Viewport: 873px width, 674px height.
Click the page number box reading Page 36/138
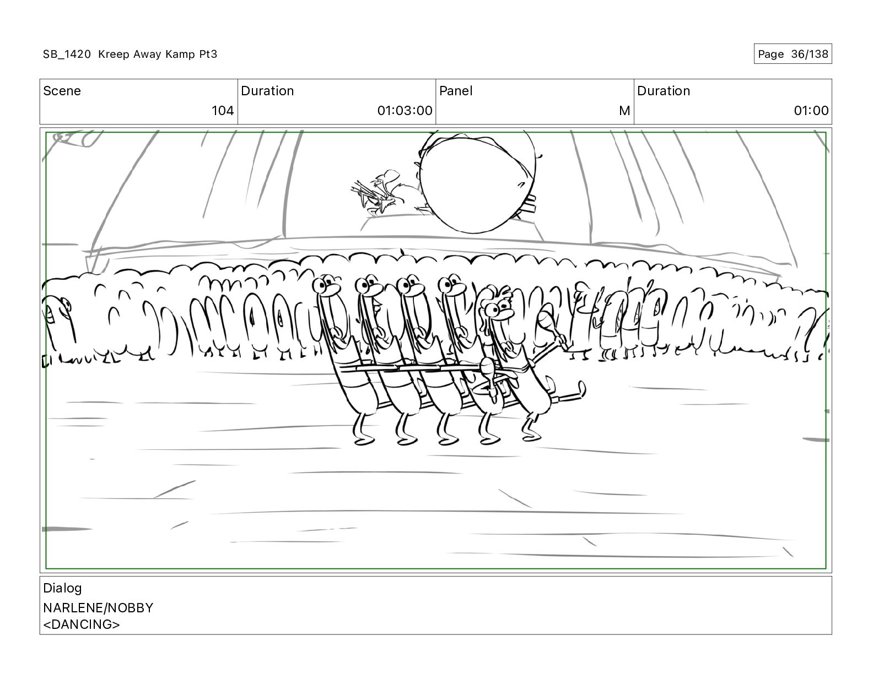point(792,54)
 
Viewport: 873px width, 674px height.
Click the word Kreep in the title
point(114,54)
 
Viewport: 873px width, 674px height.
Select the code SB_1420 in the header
point(67,54)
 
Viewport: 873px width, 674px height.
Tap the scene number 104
point(223,110)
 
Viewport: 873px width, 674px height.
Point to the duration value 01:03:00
point(405,110)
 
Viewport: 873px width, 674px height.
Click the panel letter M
point(624,110)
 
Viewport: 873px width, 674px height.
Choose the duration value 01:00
point(811,110)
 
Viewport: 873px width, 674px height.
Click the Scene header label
point(62,91)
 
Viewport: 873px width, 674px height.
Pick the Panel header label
point(456,91)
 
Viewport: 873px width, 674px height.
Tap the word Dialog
point(62,588)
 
